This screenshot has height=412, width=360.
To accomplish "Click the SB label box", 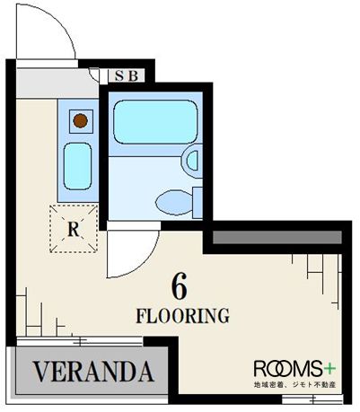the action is click(x=127, y=75).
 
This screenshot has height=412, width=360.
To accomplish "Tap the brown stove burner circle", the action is click(x=81, y=121).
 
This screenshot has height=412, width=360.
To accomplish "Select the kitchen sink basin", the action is click(x=78, y=166).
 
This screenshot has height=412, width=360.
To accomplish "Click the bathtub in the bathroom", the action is click(x=155, y=122).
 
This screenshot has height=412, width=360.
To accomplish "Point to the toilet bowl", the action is click(x=174, y=203).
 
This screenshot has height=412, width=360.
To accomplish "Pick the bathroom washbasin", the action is click(x=192, y=161).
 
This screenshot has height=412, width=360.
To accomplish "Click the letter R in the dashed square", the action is click(x=74, y=230).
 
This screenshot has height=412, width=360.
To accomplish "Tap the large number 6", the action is click(x=180, y=286).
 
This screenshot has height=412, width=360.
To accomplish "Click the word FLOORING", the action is click(x=183, y=316).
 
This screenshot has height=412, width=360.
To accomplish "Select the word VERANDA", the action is click(x=93, y=372).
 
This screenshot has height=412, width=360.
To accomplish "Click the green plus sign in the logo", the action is click(x=329, y=369).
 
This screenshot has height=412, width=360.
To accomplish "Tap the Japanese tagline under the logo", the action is click(x=294, y=384).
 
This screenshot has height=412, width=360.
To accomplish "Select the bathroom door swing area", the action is click(x=132, y=253).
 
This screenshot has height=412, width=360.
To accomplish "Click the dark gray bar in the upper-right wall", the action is click(x=277, y=237).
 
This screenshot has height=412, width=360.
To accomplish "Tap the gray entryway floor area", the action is click(x=57, y=83).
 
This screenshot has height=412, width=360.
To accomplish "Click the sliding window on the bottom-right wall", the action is click(x=312, y=399).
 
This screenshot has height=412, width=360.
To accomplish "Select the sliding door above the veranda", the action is click(x=80, y=341).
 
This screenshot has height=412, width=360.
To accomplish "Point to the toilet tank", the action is click(x=198, y=203).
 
